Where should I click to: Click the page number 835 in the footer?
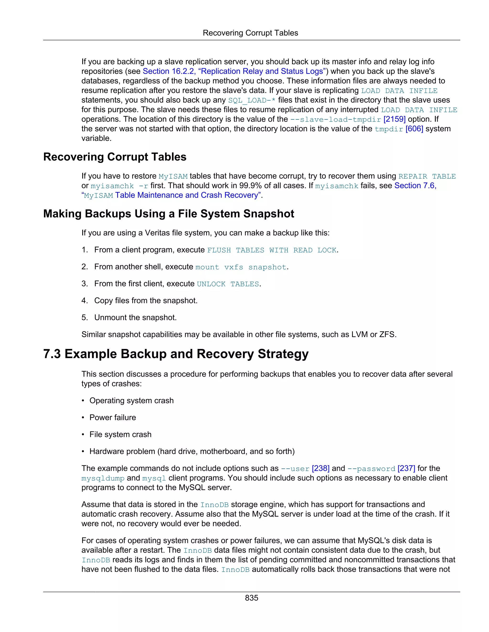[x=251, y=598]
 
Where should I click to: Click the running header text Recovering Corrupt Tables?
[x=250, y=33]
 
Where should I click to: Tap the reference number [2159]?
[x=394, y=119]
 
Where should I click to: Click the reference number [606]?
[x=414, y=129]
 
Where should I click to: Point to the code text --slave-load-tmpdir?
[x=335, y=119]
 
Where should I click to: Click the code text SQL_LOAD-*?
[x=252, y=100]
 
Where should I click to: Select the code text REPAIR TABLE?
[x=427, y=176]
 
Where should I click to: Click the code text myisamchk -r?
[x=119, y=186]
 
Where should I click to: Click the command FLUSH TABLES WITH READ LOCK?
[x=272, y=250]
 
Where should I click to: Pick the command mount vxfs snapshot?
[x=241, y=267]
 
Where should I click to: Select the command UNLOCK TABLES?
[x=228, y=284]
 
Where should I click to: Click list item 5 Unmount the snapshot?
[x=135, y=317]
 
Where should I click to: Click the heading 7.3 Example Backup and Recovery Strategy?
[x=176, y=354]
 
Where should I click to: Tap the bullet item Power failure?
[x=112, y=417]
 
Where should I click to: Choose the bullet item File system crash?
[x=120, y=434]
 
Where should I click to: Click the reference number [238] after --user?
[x=320, y=468]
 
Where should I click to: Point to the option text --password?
[x=371, y=468]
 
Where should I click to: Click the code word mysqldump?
[x=103, y=478]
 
